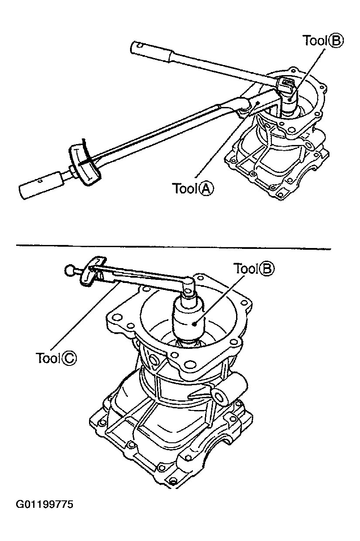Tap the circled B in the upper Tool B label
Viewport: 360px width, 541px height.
[x=336, y=41]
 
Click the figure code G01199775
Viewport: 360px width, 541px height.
[x=45, y=505]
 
